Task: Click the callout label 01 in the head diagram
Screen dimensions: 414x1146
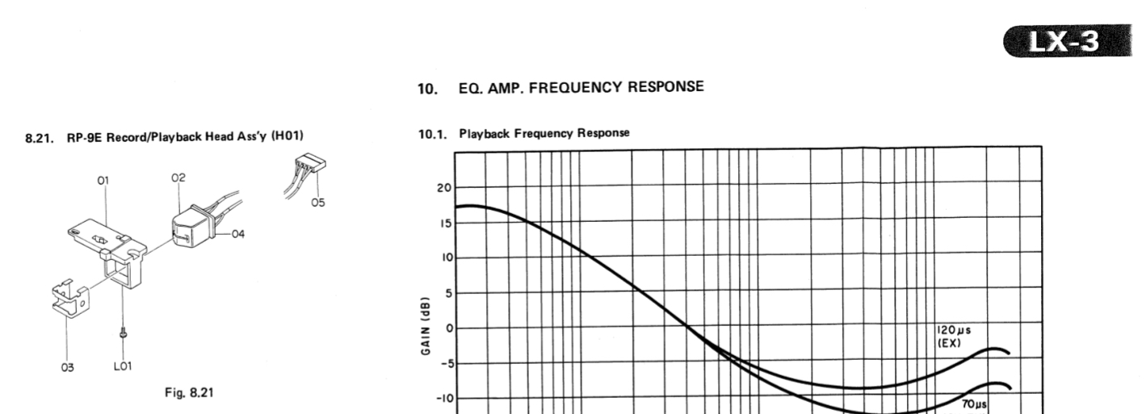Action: click(x=103, y=181)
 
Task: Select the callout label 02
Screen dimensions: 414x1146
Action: click(x=178, y=176)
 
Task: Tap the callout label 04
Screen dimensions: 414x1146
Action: click(x=237, y=234)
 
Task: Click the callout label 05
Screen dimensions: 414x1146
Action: click(x=318, y=203)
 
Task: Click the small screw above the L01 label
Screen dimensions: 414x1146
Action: click(x=123, y=332)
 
